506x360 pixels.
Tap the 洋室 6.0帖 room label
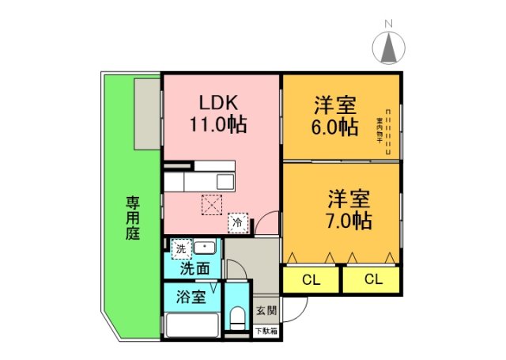334,116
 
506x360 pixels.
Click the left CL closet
311,279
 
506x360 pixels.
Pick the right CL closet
372,279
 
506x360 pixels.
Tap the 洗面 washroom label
194,268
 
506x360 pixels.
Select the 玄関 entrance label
265,311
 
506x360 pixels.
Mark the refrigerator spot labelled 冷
237,224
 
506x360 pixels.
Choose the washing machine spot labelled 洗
181,248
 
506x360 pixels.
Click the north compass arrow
388,49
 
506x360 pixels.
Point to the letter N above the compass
388,23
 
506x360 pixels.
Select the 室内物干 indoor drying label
379,131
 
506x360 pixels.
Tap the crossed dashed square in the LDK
212,204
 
